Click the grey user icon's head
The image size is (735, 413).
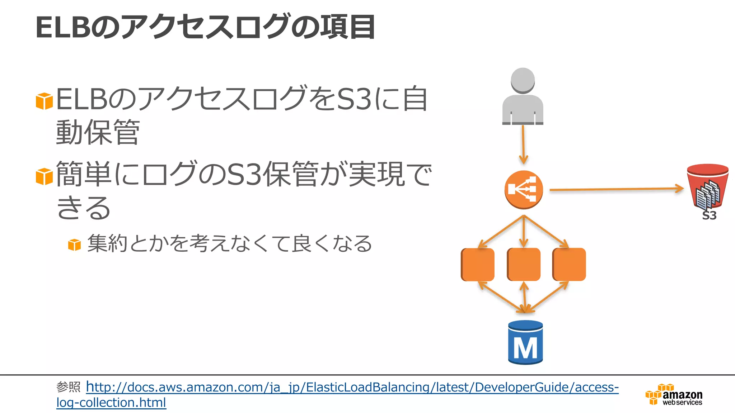[x=523, y=80]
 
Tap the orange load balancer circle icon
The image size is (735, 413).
[x=524, y=190]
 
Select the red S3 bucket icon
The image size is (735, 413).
[x=707, y=186]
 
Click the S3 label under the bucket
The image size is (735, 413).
[x=709, y=216]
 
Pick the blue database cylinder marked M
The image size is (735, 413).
[x=525, y=343]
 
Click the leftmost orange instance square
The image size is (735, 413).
[x=478, y=264]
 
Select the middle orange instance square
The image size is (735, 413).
[x=524, y=264]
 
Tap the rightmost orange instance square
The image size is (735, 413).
[x=570, y=264]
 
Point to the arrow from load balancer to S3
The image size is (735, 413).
[x=615, y=189]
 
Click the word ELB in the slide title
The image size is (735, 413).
[x=62, y=27]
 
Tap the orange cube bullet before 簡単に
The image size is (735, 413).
[x=45, y=176]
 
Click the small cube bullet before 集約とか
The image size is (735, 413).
[x=75, y=245]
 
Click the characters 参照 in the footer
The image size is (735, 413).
[x=68, y=387]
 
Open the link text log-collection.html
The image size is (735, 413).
[x=111, y=403]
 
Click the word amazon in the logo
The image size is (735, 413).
[x=682, y=395]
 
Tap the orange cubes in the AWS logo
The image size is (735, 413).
[x=654, y=394]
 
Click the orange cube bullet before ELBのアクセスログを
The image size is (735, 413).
[x=45, y=101]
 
